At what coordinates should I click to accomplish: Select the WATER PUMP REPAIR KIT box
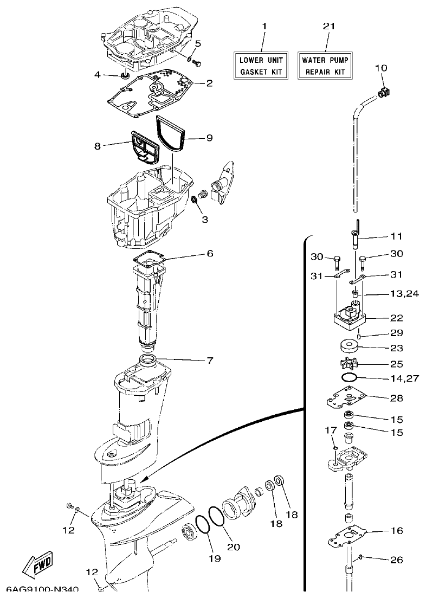(x=325, y=65)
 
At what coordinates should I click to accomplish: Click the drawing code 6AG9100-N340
(x=43, y=589)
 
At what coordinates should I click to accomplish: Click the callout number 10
(x=381, y=68)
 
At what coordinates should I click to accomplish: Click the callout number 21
(x=329, y=26)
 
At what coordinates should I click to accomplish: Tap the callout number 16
(x=397, y=531)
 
